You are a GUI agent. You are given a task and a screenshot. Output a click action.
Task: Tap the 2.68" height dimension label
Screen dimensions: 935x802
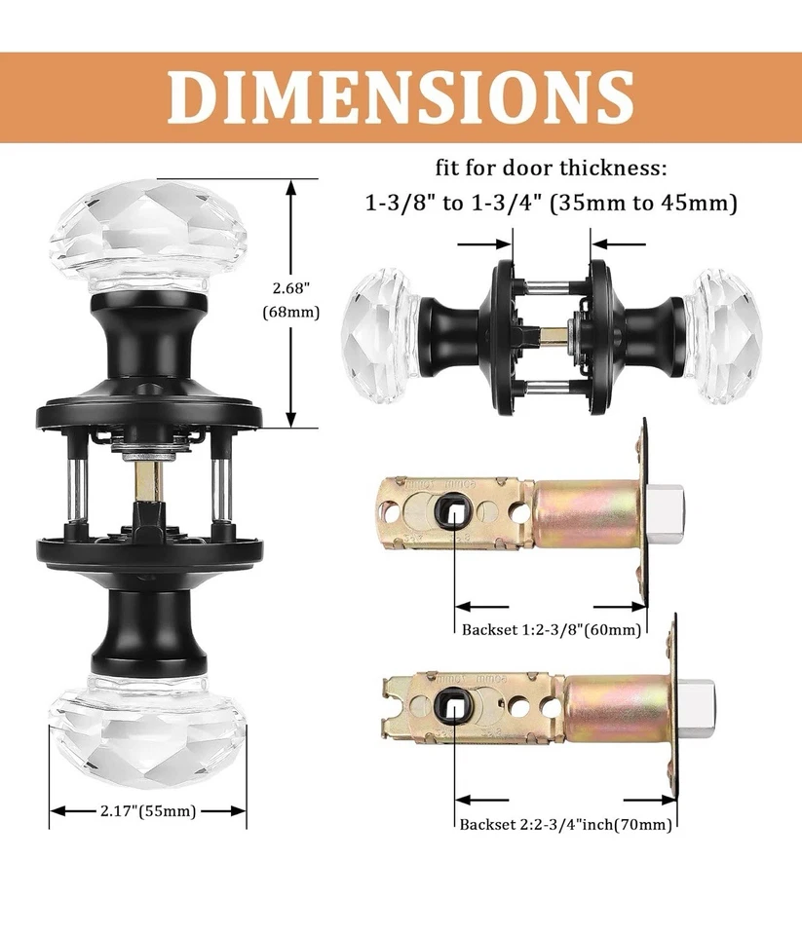pos(291,288)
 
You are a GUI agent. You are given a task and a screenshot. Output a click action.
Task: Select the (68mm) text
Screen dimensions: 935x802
pos(291,313)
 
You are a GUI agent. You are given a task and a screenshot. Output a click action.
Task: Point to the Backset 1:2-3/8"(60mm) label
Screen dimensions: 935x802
pos(552,628)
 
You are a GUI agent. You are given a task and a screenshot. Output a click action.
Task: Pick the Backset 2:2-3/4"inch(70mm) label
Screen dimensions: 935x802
pos(567,824)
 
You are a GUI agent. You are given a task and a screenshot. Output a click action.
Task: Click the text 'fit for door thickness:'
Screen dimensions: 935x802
pos(551,168)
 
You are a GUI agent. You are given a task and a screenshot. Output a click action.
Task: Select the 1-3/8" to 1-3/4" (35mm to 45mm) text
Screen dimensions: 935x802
pos(551,205)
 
